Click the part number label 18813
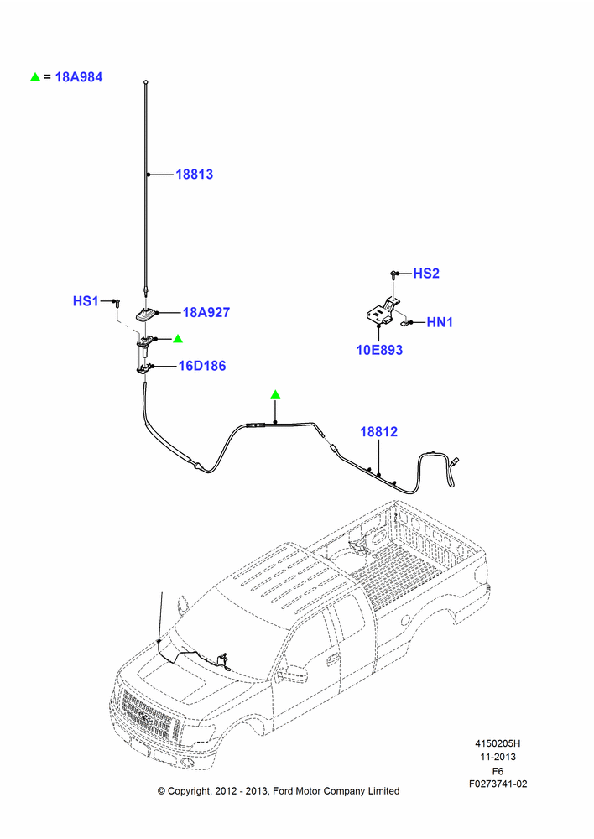(x=195, y=174)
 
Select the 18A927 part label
(x=206, y=312)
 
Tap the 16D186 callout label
(x=201, y=366)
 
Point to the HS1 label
(x=86, y=300)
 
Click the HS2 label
(x=426, y=274)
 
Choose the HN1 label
(x=440, y=322)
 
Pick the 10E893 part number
(x=379, y=350)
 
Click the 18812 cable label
(x=379, y=432)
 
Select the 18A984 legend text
(x=79, y=77)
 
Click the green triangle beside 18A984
(x=35, y=77)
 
